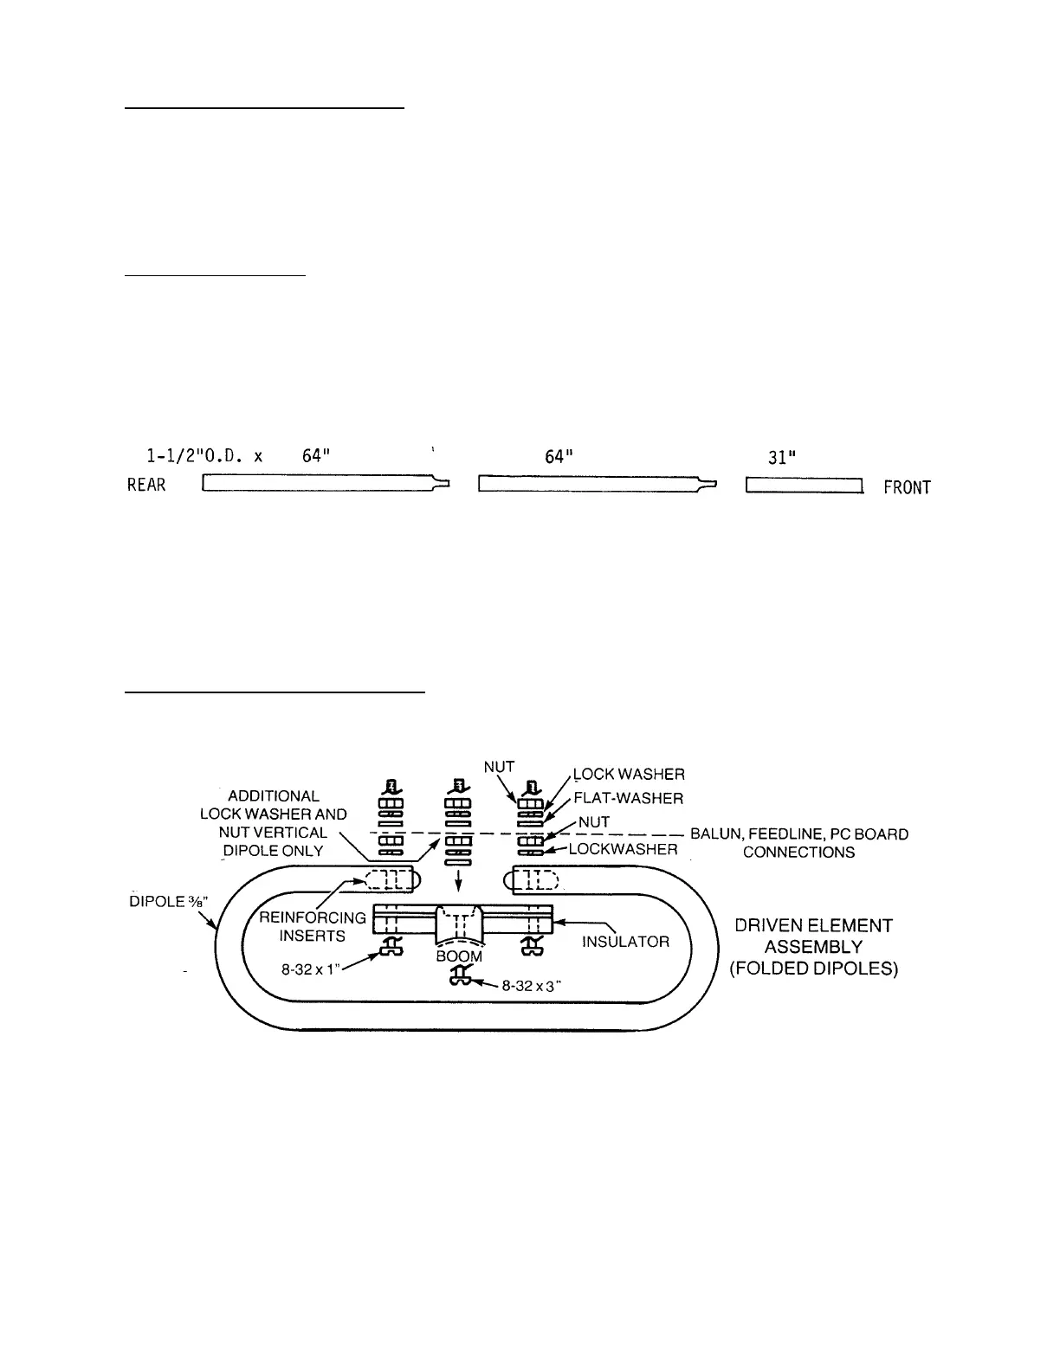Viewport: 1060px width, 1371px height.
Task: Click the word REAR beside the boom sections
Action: point(146,485)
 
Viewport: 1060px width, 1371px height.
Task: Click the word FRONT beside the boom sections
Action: point(907,487)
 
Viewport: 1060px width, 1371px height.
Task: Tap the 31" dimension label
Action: point(783,457)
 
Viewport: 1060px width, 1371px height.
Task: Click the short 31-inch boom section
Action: point(805,486)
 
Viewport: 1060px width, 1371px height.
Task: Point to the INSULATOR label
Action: point(625,941)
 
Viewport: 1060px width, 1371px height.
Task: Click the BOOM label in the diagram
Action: point(459,956)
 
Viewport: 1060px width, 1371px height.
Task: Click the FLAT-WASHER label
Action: point(628,798)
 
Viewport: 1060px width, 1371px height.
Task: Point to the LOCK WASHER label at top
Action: point(630,774)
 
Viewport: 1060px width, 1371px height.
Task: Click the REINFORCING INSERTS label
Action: point(312,926)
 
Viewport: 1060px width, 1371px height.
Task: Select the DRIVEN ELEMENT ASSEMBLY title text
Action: point(813,947)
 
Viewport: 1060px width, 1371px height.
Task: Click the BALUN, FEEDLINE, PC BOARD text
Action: point(799,834)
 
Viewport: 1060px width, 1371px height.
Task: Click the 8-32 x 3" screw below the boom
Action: point(458,977)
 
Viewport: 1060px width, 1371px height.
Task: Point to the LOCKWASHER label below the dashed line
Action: point(623,849)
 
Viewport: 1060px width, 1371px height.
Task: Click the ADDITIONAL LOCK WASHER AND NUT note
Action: point(274,823)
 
